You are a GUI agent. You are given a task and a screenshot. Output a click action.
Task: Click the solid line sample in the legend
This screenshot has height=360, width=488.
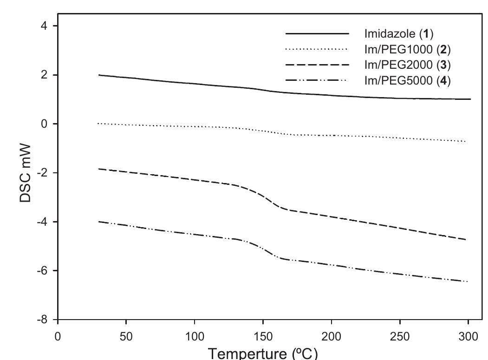click(x=317, y=34)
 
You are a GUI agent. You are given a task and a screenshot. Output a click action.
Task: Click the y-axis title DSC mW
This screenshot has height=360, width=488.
click(x=26, y=173)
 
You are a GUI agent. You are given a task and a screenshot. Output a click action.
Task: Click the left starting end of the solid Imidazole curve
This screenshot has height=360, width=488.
click(x=99, y=75)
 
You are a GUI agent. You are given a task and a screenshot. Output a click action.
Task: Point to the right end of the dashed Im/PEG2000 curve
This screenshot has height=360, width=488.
click(x=465, y=240)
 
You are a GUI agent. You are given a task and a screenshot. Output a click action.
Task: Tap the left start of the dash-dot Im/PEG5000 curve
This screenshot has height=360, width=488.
click(x=99, y=222)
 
